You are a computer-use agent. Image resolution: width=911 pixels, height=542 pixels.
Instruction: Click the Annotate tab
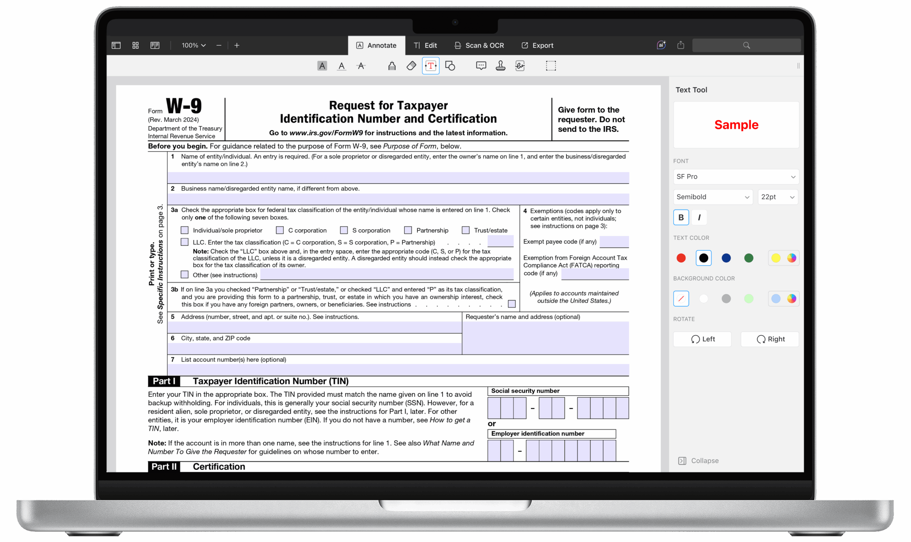(376, 45)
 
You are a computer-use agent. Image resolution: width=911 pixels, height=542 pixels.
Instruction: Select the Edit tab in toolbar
(425, 45)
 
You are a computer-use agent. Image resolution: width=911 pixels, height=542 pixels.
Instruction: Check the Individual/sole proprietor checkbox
(185, 230)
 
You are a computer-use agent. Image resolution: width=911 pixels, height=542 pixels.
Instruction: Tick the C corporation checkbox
(280, 230)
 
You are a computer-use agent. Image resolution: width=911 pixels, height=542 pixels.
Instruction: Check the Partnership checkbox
(408, 230)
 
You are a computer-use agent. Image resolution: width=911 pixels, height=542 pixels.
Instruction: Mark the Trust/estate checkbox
(466, 230)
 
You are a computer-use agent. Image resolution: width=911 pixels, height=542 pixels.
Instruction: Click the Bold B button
(681, 217)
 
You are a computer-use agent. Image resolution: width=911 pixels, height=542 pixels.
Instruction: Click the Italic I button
(699, 217)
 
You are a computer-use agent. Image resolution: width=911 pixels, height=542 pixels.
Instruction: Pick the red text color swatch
(681, 258)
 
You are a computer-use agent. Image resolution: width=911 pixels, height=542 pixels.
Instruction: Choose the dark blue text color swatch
(726, 258)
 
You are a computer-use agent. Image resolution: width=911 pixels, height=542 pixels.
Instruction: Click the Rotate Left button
(702, 339)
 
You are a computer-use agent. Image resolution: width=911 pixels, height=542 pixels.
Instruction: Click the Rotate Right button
(770, 339)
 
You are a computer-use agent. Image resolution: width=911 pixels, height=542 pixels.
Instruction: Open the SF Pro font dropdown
(736, 176)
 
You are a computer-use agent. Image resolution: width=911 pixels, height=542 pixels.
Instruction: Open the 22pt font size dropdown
(778, 197)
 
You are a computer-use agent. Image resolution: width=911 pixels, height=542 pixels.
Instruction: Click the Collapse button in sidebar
(698, 460)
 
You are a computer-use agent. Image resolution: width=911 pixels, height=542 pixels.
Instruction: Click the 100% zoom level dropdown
(194, 45)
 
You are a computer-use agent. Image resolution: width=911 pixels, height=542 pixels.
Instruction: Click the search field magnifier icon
(746, 45)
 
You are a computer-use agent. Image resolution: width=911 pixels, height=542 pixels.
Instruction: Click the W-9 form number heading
(184, 106)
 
